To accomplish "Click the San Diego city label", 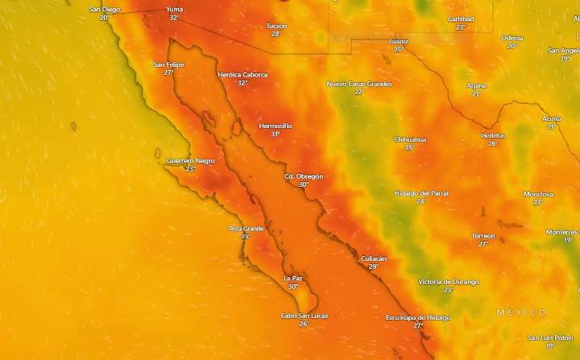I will click(x=104, y=9).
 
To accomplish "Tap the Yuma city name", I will click(x=174, y=9).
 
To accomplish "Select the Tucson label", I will click(x=276, y=26).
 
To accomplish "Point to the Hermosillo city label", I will click(x=275, y=126).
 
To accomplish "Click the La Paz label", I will click(x=293, y=278).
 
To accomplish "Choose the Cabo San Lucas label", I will click(x=304, y=315).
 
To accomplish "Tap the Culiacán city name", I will click(x=373, y=259).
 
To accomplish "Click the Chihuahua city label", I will click(x=410, y=139).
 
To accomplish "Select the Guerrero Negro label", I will click(x=191, y=160).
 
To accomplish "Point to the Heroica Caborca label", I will click(x=242, y=74).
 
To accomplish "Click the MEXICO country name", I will click(x=521, y=312).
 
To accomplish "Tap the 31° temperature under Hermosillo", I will click(x=275, y=134).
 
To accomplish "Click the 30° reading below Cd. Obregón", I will click(x=304, y=184).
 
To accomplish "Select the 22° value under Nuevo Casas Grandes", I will click(x=359, y=92).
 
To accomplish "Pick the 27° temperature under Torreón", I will click(x=483, y=244).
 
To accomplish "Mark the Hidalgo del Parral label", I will click(x=421, y=193).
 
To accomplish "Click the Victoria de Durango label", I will click(x=449, y=282).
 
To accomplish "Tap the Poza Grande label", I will click(x=246, y=228).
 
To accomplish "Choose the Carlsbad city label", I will click(x=461, y=19).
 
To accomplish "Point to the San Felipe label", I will click(x=168, y=64).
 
